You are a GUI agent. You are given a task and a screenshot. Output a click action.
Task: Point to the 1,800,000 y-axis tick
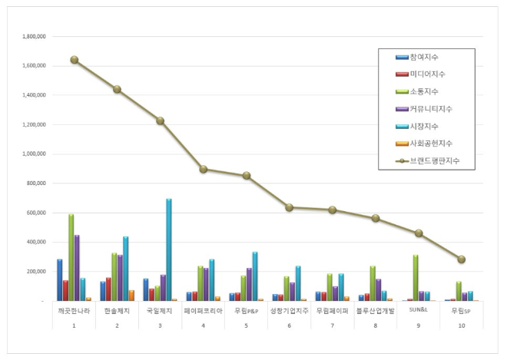[x=31, y=36]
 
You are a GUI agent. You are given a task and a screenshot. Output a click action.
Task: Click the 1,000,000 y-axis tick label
[x=31, y=154]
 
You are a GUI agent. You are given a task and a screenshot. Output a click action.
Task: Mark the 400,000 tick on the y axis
[x=35, y=243]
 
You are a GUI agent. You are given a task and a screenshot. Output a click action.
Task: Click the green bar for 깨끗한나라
[x=71, y=257]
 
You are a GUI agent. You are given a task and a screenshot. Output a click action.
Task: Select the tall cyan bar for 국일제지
[x=168, y=249]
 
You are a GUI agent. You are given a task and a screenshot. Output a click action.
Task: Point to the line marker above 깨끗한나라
[x=74, y=60]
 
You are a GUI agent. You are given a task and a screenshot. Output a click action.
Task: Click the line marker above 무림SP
[x=462, y=259]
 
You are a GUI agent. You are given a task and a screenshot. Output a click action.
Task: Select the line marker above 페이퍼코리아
[x=204, y=169]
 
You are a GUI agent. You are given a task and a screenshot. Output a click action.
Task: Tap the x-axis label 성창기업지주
[x=289, y=311]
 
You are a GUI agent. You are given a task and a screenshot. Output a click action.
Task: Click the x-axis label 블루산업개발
[x=375, y=311]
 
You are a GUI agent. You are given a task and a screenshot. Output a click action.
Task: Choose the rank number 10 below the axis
[x=461, y=325]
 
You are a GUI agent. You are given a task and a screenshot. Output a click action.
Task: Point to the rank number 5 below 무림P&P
[x=246, y=325]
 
